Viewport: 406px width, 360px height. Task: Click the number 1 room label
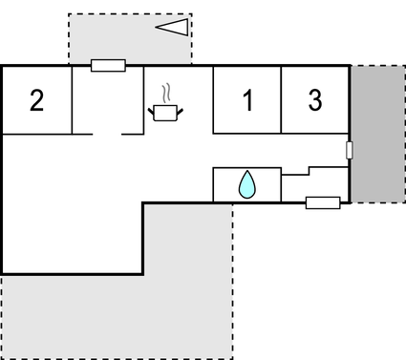(247, 99)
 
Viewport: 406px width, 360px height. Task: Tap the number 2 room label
(36, 99)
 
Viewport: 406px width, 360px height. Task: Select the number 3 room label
(314, 99)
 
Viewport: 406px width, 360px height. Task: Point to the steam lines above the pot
(167, 93)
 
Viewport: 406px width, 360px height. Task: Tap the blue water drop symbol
(246, 184)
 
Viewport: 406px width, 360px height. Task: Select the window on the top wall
(108, 66)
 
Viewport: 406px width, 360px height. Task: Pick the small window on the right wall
(350, 150)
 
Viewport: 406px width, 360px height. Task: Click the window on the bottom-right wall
(323, 202)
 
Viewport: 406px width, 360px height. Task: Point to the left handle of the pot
(152, 108)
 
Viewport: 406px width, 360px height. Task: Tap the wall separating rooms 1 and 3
(281, 99)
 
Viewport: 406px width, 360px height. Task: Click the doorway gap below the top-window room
(107, 135)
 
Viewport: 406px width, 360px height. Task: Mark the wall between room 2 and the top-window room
(73, 99)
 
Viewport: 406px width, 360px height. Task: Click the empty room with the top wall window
(107, 100)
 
